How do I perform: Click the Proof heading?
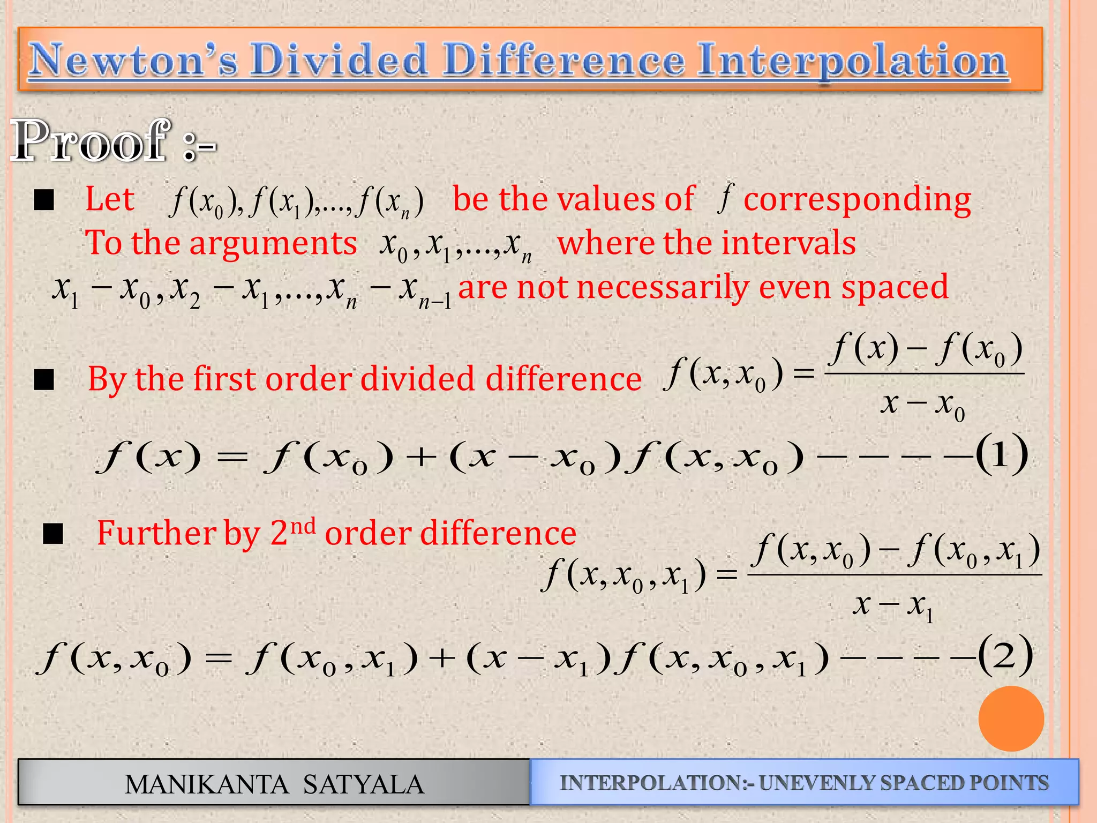(91, 140)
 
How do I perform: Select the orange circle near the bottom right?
(1011, 718)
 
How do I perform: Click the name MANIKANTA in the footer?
(206, 784)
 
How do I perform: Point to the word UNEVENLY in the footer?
(816, 783)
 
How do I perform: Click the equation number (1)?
(1001, 454)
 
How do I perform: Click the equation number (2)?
(1005, 655)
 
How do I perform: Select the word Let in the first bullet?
(110, 199)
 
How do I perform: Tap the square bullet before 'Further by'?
(53, 533)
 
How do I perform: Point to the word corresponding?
(857, 200)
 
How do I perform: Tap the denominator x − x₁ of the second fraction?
(893, 606)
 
